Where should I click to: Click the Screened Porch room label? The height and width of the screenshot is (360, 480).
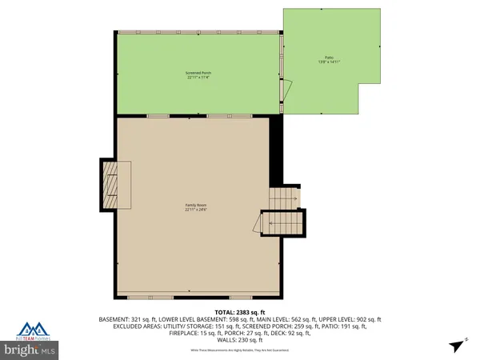tap(198, 73)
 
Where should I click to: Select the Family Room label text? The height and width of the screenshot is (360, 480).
tap(198, 206)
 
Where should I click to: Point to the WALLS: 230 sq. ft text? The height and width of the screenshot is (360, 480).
tap(239, 341)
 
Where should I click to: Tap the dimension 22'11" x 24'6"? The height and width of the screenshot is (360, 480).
tap(198, 210)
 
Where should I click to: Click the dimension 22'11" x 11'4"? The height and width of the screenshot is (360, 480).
tap(198, 78)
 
